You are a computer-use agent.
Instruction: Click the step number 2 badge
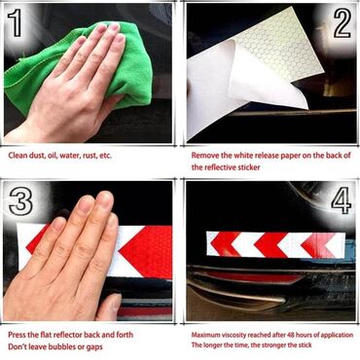coord(341,21)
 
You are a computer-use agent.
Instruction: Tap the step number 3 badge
coord(19,202)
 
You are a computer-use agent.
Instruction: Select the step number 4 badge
coord(341,202)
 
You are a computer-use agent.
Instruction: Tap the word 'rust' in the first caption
coord(89,155)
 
